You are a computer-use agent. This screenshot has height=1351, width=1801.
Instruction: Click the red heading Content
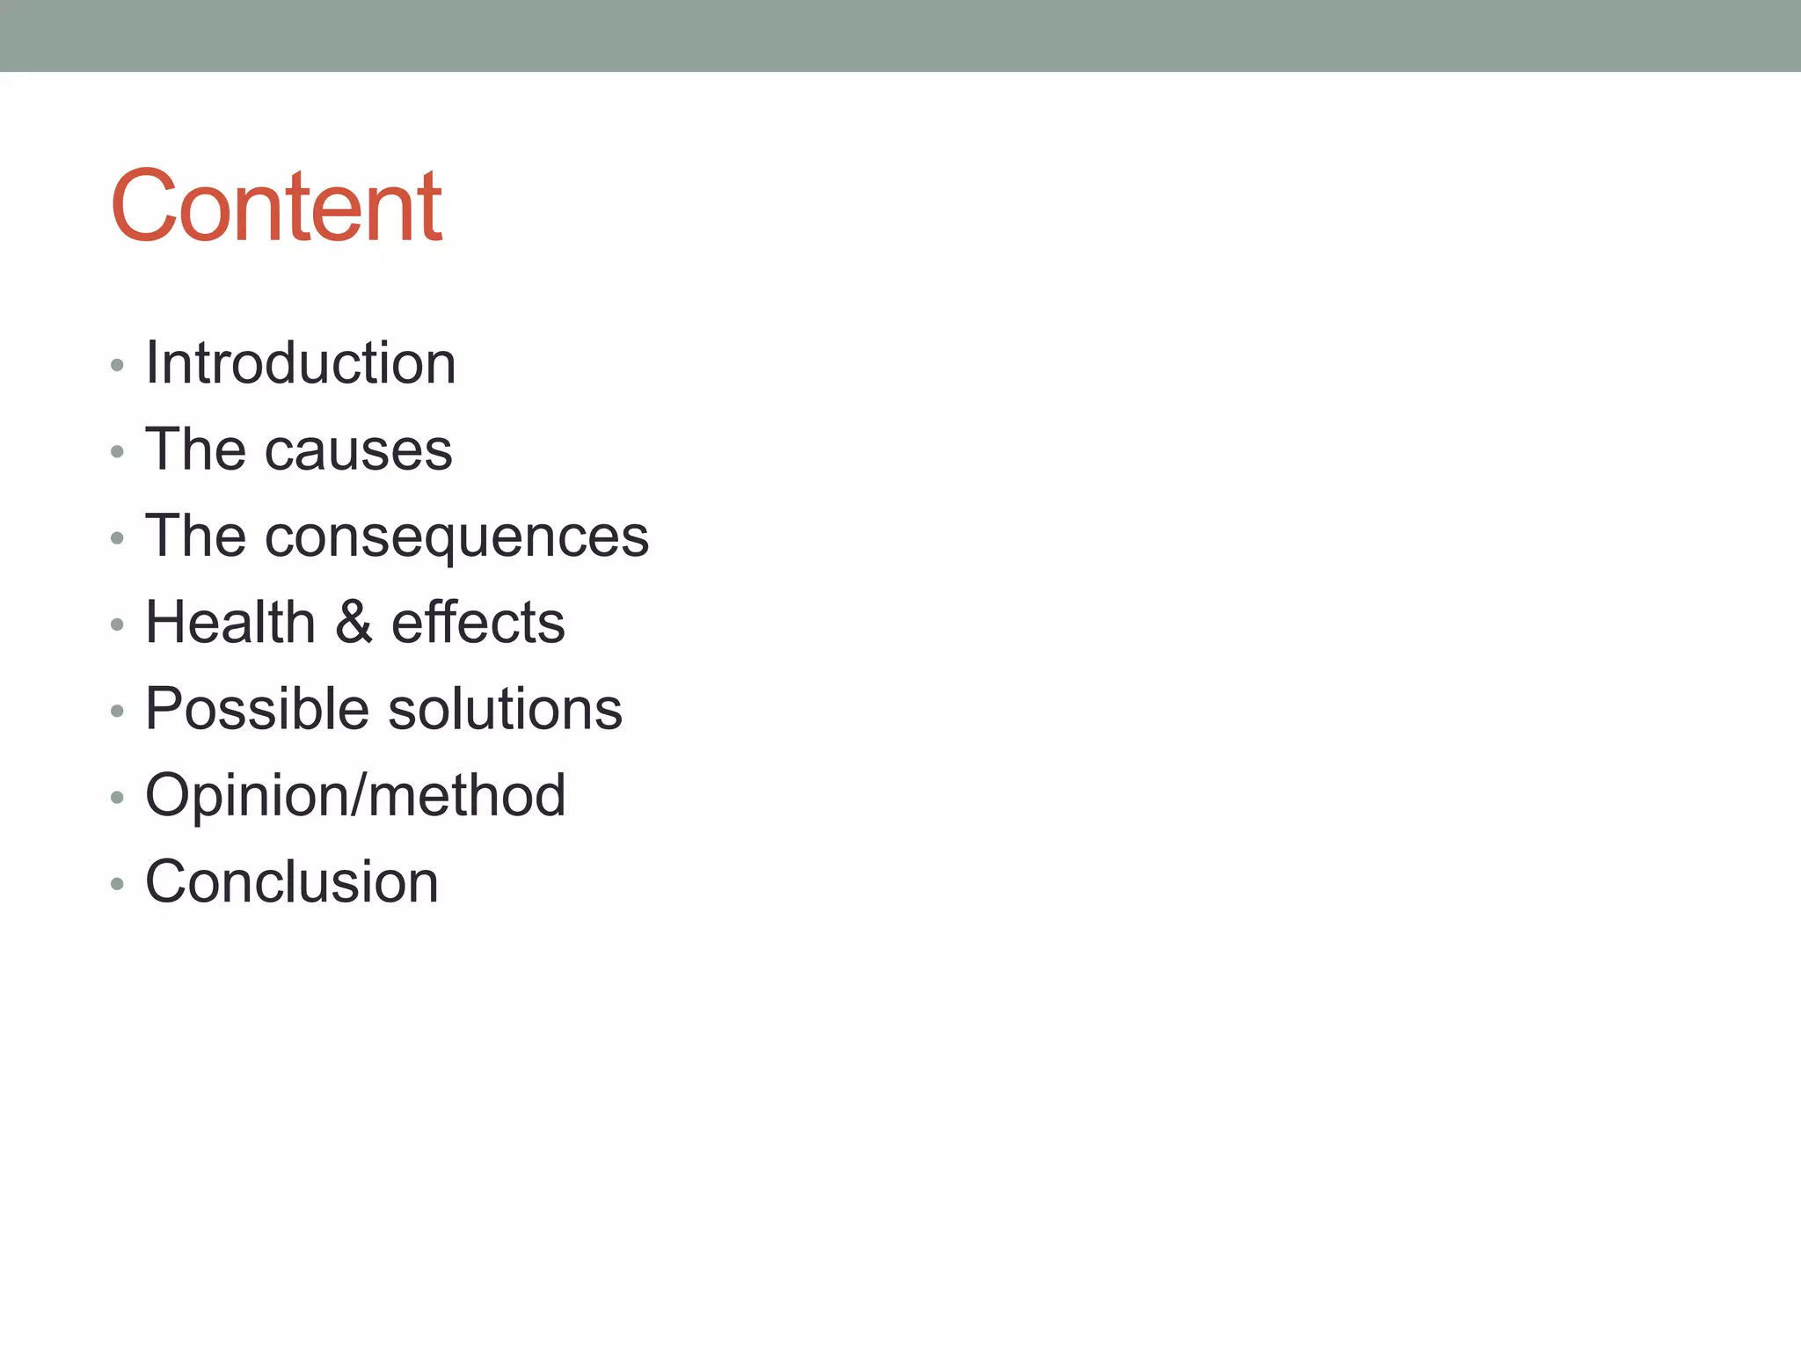click(276, 207)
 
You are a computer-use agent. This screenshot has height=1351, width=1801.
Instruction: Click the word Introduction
click(301, 362)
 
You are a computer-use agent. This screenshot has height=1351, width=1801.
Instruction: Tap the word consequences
click(456, 537)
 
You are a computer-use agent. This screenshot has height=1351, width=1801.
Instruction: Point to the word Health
click(230, 622)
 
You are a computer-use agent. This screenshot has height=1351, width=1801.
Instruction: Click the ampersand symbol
click(354, 622)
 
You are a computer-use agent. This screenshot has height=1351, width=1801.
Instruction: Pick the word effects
click(478, 622)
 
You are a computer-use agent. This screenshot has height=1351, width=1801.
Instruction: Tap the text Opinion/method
click(355, 795)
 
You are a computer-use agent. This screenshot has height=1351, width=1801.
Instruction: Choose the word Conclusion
click(292, 881)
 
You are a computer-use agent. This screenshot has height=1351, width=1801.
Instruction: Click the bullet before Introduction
click(117, 365)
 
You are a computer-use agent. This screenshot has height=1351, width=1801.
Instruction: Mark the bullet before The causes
click(117, 452)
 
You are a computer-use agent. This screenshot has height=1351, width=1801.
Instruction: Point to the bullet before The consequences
click(117, 538)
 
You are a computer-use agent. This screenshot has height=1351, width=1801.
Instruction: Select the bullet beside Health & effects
click(117, 624)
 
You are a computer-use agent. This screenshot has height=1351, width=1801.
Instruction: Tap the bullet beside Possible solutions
click(117, 711)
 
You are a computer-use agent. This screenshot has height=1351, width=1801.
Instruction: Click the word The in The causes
click(195, 449)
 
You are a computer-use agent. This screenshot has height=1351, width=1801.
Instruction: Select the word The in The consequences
click(195, 536)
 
